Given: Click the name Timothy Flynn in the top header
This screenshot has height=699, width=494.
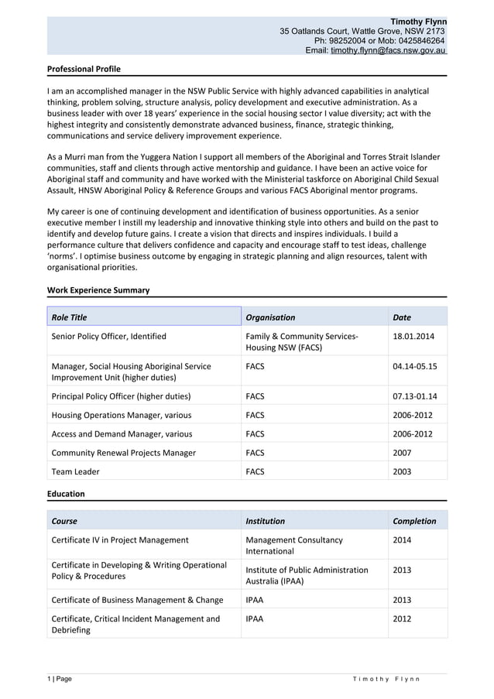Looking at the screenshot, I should (418, 21).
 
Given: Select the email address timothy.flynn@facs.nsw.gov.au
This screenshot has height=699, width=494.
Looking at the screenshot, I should (388, 50).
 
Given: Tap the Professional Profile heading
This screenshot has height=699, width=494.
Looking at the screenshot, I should (84, 69).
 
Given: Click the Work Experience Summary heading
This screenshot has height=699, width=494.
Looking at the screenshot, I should (98, 290).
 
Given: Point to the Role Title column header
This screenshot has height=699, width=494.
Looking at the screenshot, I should (69, 317).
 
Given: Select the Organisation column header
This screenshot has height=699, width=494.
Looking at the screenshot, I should (270, 317).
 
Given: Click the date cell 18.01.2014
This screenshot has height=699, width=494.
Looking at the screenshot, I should (413, 337).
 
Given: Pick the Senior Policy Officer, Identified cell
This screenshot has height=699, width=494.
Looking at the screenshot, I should (108, 337).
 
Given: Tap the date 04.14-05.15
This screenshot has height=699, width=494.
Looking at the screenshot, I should (415, 366).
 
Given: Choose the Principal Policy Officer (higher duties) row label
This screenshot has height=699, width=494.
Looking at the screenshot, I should (121, 396).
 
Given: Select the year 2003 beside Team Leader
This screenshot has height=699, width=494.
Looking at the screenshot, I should (403, 471).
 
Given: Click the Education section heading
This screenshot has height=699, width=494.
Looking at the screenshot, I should (66, 494).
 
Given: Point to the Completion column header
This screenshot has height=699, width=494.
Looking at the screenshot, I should (414, 521).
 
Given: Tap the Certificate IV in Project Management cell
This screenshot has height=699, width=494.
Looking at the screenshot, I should (119, 540).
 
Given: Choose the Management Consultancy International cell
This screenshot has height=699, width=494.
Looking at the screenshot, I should (293, 545).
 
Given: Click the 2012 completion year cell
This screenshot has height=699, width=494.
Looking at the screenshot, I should (403, 618).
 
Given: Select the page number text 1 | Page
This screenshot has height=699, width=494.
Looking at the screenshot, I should (60, 679).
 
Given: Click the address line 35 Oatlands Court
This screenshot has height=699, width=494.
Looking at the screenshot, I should (362, 31).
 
